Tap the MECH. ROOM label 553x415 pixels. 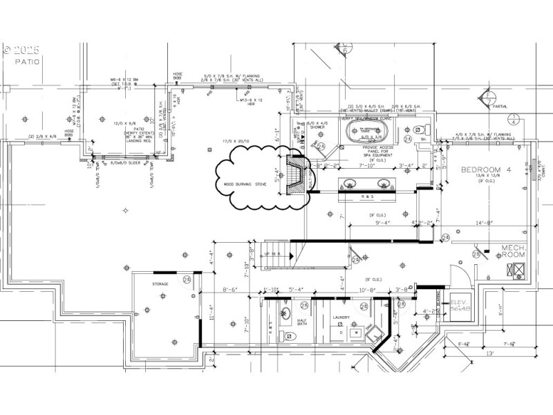pyautogui.click(x=515, y=250)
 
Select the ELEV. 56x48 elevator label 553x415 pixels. pyautogui.click(x=460, y=306)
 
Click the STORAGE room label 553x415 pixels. pyautogui.click(x=160, y=284)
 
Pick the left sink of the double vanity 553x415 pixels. pyautogui.click(x=351, y=185)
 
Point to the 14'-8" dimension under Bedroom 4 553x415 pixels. pyautogui.click(x=484, y=223)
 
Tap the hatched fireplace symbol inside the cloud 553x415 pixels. pyautogui.click(x=296, y=175)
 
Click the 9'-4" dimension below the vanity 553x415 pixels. pyautogui.click(x=382, y=223)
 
